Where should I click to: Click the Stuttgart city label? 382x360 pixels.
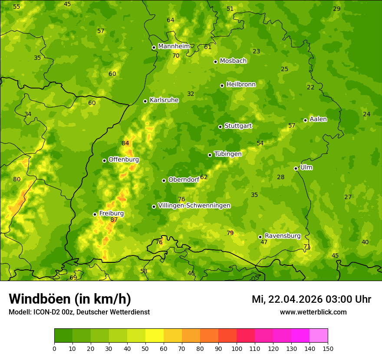[238, 126]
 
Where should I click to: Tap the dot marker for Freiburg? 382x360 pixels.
[95, 214]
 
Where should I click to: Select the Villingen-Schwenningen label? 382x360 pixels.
[194, 206]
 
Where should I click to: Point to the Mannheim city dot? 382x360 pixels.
[154, 48]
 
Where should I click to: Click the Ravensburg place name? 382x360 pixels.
[283, 236]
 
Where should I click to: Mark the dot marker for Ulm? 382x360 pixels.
[296, 168]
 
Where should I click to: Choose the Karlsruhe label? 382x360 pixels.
[164, 100]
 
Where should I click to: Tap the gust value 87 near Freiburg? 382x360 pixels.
[114, 220]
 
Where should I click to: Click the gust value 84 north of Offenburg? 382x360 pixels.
[125, 144]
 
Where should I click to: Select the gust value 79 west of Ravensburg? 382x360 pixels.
[230, 233]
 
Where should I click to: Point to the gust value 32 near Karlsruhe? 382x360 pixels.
[191, 94]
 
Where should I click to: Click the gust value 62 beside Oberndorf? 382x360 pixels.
[204, 177]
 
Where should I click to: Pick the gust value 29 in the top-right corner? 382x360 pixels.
[337, 9]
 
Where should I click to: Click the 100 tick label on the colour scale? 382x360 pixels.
[237, 348]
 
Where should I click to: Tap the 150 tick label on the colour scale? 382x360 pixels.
[328, 348]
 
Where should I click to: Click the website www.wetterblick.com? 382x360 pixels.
[313, 312]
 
